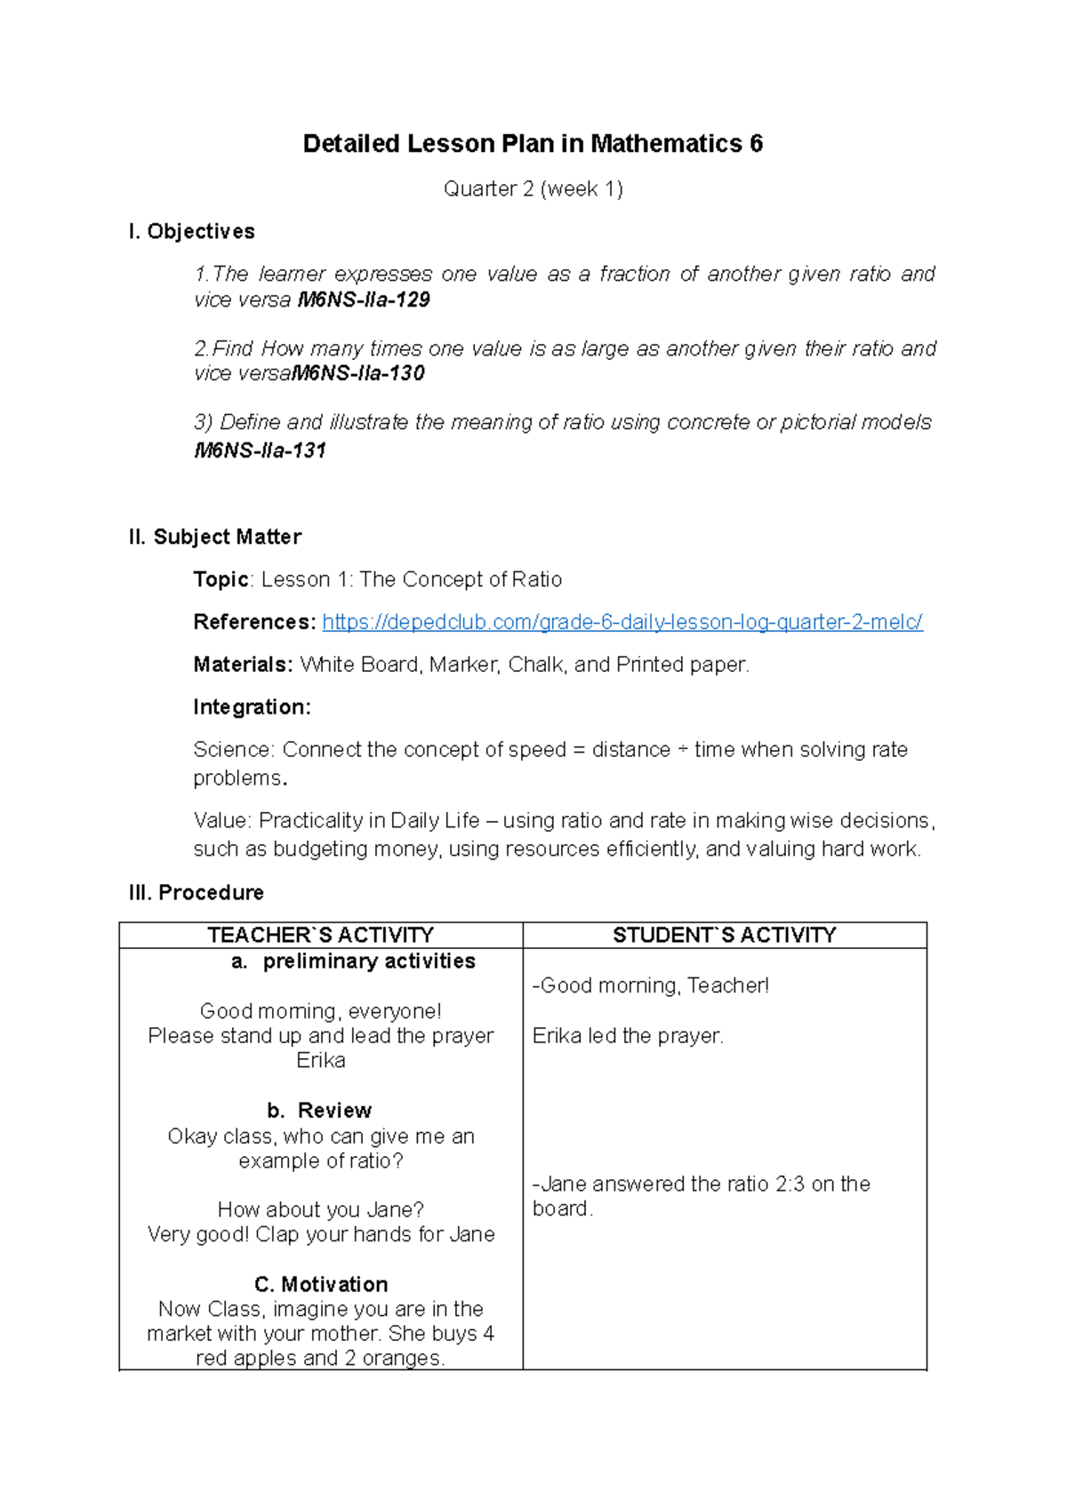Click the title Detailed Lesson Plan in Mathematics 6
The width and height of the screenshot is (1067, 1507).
(533, 144)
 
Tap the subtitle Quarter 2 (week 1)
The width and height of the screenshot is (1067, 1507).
(533, 189)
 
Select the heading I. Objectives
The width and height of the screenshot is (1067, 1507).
(192, 232)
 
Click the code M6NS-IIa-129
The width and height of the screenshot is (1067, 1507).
(364, 300)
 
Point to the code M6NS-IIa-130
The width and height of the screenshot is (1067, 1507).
(358, 374)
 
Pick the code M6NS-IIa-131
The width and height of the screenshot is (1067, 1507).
(260, 451)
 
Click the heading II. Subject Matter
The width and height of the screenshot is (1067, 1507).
(215, 538)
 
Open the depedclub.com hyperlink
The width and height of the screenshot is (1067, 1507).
(622, 623)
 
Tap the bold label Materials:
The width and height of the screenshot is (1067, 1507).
(243, 666)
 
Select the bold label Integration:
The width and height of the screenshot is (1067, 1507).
(252, 707)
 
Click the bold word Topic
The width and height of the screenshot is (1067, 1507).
(221, 580)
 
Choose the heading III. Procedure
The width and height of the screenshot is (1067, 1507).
(197, 893)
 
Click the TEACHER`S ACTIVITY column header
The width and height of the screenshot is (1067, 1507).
(320, 936)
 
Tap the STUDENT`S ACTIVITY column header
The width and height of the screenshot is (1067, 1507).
(724, 936)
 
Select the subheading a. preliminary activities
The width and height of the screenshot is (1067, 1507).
(353, 961)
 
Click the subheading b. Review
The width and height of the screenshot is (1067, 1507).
(319, 1111)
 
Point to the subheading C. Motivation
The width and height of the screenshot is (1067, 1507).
(321, 1285)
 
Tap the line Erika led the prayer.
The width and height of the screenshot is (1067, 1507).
(628, 1036)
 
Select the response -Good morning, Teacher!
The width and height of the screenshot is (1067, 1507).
(650, 986)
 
